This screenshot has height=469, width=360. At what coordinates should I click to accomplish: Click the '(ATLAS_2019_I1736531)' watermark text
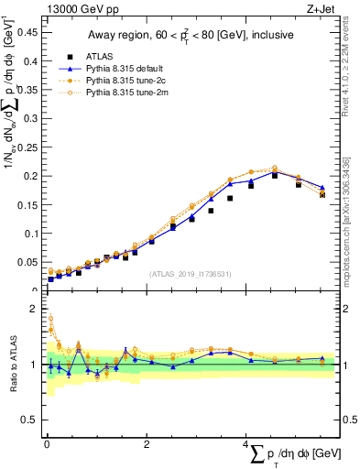(x=190, y=273)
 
